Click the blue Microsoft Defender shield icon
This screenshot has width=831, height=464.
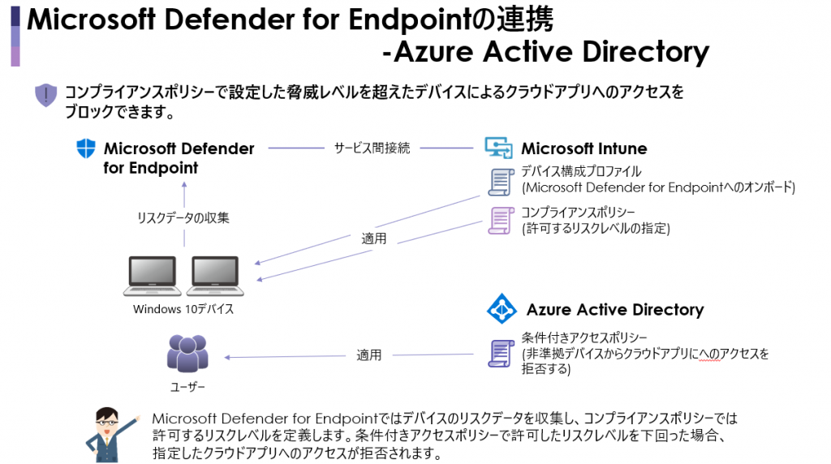pos(86,148)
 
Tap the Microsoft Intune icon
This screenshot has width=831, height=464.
pos(498,148)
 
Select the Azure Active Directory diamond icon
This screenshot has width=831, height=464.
pos(502,308)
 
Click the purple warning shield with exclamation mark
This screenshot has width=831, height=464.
pos(45,95)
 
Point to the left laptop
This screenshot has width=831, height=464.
pos(152,276)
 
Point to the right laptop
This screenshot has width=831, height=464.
pos(215,276)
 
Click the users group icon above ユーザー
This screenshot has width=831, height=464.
pos(187,354)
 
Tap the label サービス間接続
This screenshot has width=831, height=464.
pos(372,148)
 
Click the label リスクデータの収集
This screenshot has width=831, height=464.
pos(183,217)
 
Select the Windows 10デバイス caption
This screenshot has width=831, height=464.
pos(183,309)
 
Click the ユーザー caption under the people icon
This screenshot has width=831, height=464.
pos(187,387)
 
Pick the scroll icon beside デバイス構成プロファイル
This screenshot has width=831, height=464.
pos(501,182)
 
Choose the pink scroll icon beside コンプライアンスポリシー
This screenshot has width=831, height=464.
pos(501,221)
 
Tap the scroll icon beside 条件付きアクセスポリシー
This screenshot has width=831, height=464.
pos(501,354)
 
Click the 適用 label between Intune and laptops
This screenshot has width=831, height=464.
pos(373,238)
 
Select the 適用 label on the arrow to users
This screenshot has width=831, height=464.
pos(369,354)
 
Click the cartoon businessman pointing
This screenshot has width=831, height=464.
pos(110,435)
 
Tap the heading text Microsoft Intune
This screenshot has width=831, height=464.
pos(584,148)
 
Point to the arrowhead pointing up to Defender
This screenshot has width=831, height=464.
pos(184,184)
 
